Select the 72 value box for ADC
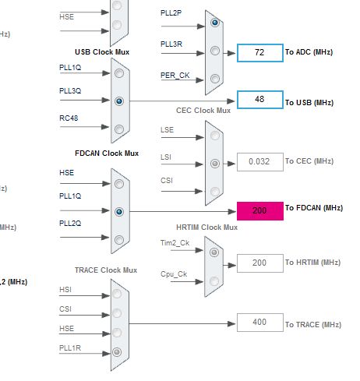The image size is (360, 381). pyautogui.click(x=259, y=53)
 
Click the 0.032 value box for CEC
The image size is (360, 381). pyautogui.click(x=259, y=161)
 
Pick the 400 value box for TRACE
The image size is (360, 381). pyautogui.click(x=259, y=322)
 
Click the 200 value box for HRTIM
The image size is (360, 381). pyautogui.click(x=259, y=263)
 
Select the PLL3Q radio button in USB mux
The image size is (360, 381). pyautogui.click(x=118, y=101)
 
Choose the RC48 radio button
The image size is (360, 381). pyautogui.click(x=118, y=129)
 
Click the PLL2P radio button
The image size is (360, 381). pyautogui.click(x=214, y=23)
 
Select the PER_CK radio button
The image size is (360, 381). pyautogui.click(x=214, y=77)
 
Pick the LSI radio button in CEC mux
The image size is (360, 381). pyautogui.click(x=214, y=164)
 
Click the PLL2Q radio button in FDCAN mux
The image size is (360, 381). pyautogui.click(x=118, y=239)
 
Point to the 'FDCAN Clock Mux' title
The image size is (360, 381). pyautogui.click(x=108, y=153)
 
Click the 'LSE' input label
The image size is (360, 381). pyautogui.click(x=168, y=130)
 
